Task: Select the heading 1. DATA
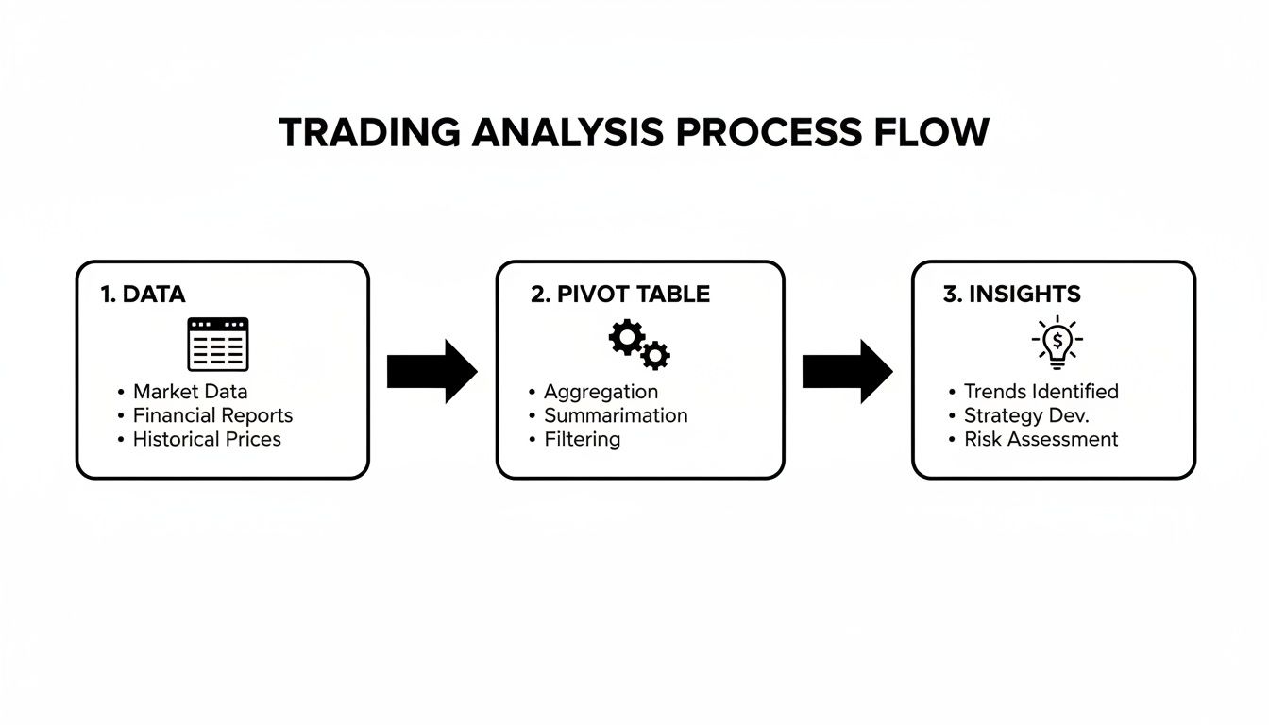[x=143, y=295]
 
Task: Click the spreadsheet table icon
[x=218, y=345]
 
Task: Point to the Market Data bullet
[x=190, y=392]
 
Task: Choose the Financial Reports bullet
[x=212, y=415]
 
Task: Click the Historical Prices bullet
[x=207, y=439]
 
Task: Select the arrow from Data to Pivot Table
[x=431, y=372]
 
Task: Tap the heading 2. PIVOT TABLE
[x=620, y=295]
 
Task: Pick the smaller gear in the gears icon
[x=655, y=355]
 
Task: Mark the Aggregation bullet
[x=601, y=392]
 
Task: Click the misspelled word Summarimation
[x=616, y=415]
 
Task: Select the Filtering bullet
[x=582, y=439]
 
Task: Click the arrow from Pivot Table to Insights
[x=847, y=372]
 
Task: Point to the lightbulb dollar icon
[x=1057, y=342]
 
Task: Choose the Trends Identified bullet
[x=1041, y=392]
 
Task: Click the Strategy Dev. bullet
[x=1025, y=415]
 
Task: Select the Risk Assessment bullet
[x=1041, y=439]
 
